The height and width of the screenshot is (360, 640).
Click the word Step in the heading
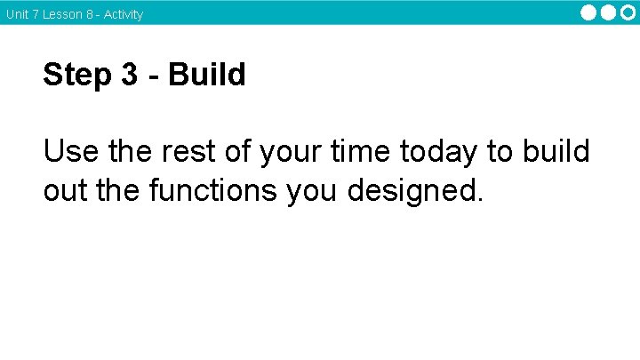point(76,76)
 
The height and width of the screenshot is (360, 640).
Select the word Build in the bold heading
point(206,76)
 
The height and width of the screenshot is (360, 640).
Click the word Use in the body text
point(71,152)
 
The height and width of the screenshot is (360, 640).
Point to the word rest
point(190,152)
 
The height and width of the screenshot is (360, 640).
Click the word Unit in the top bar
point(17,14)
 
